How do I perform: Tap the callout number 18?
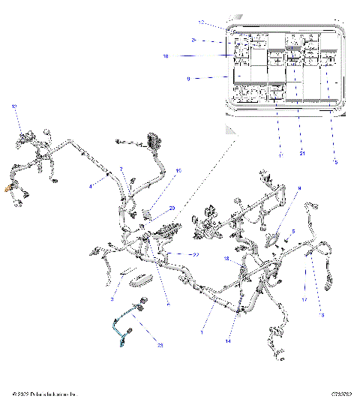[x=226, y=259]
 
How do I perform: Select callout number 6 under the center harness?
[x=168, y=304]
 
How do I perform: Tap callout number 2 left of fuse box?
[x=193, y=40]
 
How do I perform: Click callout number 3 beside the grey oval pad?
[x=111, y=298]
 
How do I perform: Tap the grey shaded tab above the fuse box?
[x=237, y=16]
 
